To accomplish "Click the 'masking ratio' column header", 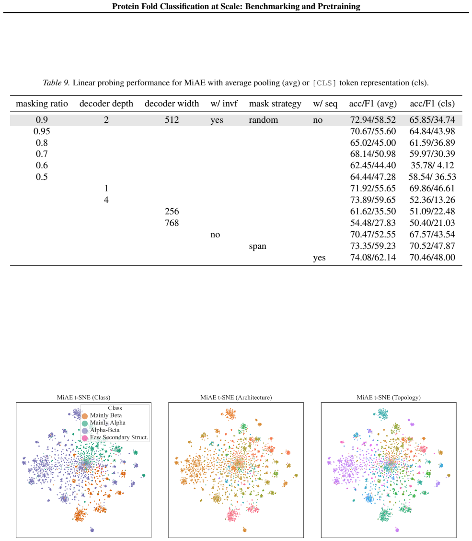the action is coord(42,104).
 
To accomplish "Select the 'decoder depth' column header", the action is coord(106,104).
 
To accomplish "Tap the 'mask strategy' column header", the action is coord(275,104).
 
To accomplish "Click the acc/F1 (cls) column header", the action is coord(432,104).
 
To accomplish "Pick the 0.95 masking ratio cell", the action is coord(42,131).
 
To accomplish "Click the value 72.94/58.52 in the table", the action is coord(373,120).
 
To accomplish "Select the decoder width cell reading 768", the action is coord(172,223).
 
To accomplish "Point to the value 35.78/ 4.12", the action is coord(432,165).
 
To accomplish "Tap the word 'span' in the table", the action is coord(257,247).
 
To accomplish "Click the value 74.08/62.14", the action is coord(373,258).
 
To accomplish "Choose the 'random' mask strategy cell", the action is coord(264,120).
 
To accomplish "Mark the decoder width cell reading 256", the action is coord(172,211).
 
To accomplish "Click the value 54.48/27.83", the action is coord(373,223).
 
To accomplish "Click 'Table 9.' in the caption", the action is coord(56,83).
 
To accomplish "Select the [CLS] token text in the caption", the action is coord(324,83).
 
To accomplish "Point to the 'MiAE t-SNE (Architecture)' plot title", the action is coord(236,398).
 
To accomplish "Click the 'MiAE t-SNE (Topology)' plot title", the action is coord(389,398).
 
